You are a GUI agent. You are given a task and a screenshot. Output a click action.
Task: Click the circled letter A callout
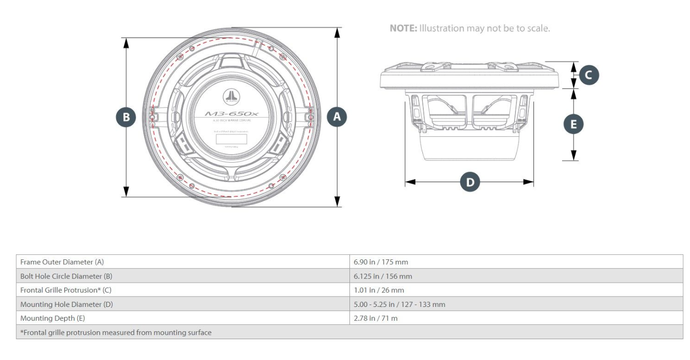[338, 117]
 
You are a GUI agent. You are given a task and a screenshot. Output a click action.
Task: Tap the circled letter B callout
[126, 118]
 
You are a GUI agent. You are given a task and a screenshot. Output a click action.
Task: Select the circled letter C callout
[588, 75]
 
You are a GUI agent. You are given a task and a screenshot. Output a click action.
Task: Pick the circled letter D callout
[470, 182]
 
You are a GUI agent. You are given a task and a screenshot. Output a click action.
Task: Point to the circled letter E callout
[574, 124]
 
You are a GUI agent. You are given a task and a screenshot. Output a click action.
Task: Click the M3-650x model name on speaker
[231, 114]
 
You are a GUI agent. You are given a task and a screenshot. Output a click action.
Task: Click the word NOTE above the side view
[403, 28]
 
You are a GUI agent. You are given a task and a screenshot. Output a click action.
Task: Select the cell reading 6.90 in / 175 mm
[381, 262]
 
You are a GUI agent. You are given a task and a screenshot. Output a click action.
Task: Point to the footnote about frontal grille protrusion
[116, 332]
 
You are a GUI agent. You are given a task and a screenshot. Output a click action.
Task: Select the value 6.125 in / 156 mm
[383, 276]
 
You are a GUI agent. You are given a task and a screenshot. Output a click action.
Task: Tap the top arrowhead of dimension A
[338, 32]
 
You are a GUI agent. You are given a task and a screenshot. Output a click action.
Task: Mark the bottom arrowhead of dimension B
[126, 192]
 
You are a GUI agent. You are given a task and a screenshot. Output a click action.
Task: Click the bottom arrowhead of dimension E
[574, 156]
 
